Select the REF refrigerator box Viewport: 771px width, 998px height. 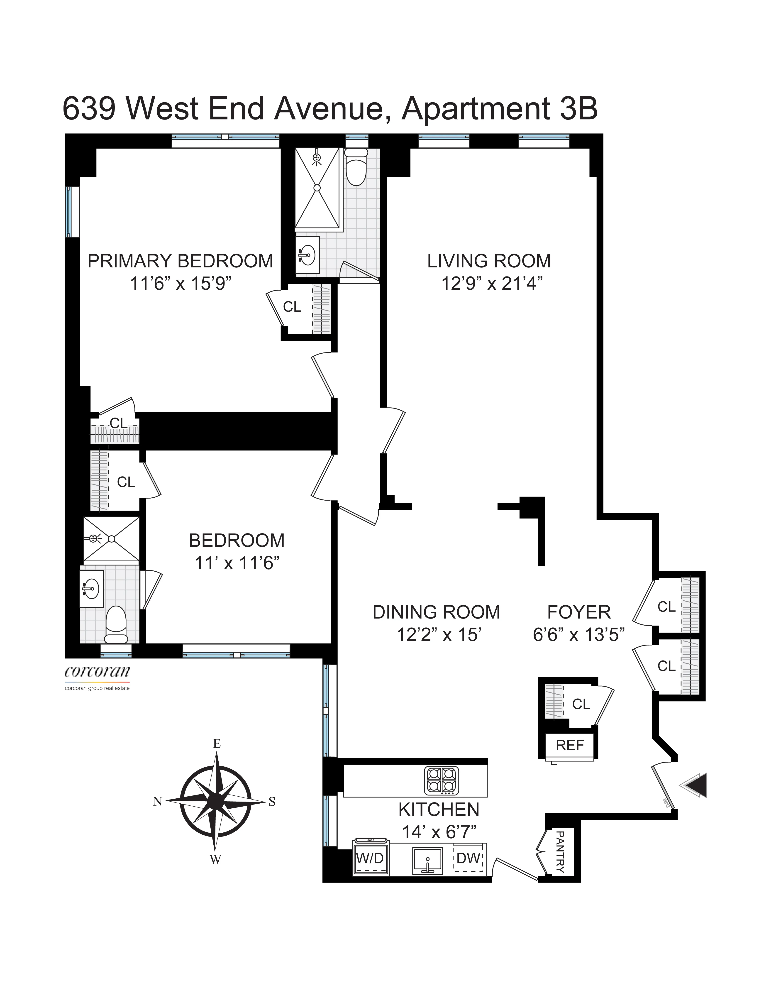click(x=570, y=745)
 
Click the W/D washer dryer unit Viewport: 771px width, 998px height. click(x=370, y=858)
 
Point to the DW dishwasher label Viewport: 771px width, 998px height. click(x=468, y=858)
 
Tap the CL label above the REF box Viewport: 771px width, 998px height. click(x=581, y=704)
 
